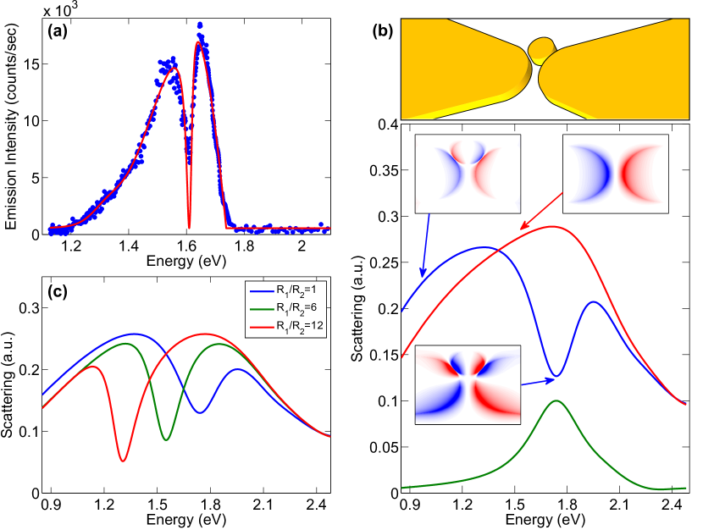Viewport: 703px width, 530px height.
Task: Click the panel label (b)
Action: coord(383,32)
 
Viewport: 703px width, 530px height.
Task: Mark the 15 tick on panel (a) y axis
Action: coord(31,63)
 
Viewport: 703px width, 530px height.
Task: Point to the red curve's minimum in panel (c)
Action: coord(124,461)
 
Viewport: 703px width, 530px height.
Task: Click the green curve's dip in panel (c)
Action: coord(166,439)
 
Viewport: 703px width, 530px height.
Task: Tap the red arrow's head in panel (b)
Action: coord(523,229)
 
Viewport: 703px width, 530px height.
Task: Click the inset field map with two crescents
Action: coord(616,174)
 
